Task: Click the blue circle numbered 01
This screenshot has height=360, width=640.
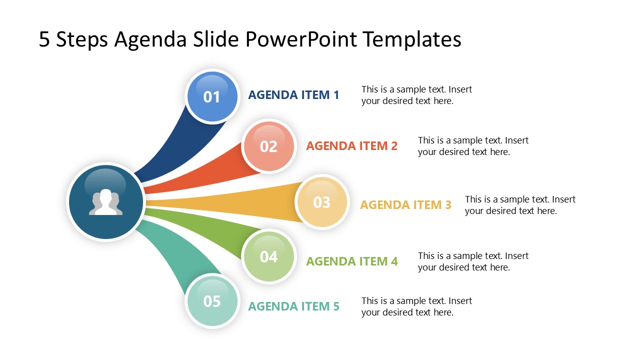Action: pos(212,96)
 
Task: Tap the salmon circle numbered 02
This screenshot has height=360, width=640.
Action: pos(269,146)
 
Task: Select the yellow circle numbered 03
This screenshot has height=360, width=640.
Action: pos(322,202)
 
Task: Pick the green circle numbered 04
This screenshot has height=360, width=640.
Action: pos(269,256)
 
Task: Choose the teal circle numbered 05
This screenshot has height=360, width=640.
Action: pos(212,301)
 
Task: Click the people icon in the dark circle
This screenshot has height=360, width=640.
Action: pos(105,202)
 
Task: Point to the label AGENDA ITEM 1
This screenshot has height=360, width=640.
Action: pos(293,94)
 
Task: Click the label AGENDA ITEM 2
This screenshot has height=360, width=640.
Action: pos(351,146)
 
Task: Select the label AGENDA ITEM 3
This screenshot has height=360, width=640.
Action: pos(405,204)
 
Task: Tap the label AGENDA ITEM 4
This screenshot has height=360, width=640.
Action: pos(351,261)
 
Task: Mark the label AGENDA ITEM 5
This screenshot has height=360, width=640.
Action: pos(293,306)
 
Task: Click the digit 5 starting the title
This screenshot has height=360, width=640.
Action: pos(44,39)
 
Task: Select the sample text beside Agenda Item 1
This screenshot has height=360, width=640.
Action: pos(416,95)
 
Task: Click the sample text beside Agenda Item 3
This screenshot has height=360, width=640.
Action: pos(520,205)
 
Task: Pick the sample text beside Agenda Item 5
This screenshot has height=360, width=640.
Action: pos(416,306)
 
